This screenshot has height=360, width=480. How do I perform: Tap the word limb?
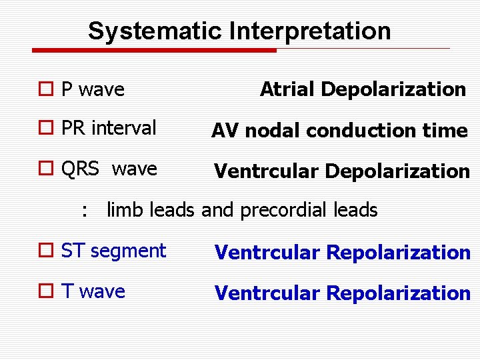pyautogui.click(x=126, y=211)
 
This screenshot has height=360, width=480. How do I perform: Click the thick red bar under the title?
pyautogui.click(x=154, y=50)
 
